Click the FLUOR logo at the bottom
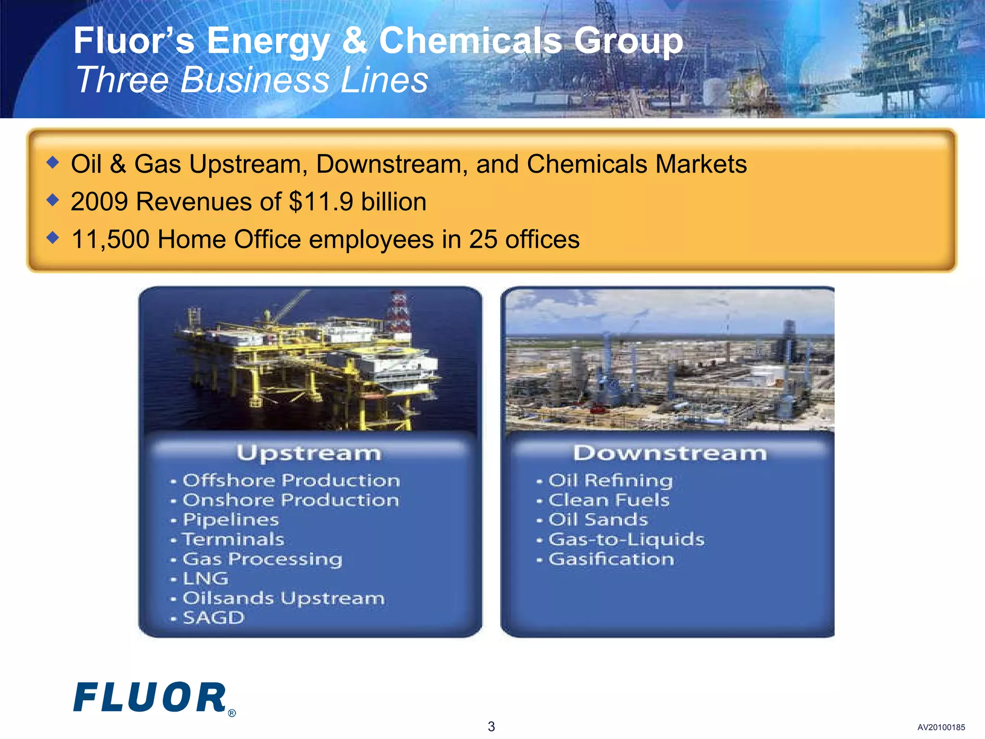point(150,697)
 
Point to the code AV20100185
point(941,727)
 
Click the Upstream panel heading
point(309,453)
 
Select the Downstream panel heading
point(669,453)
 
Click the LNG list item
point(205,578)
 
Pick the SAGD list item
point(214,618)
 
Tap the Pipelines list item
point(231,520)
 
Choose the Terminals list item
point(234,539)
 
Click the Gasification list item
point(611,559)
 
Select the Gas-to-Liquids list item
point(626,539)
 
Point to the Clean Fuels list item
point(609,500)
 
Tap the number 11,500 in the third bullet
point(110,239)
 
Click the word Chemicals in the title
point(470,41)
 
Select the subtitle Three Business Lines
point(252,80)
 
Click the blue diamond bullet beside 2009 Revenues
point(53,200)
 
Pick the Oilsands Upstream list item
point(284,598)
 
